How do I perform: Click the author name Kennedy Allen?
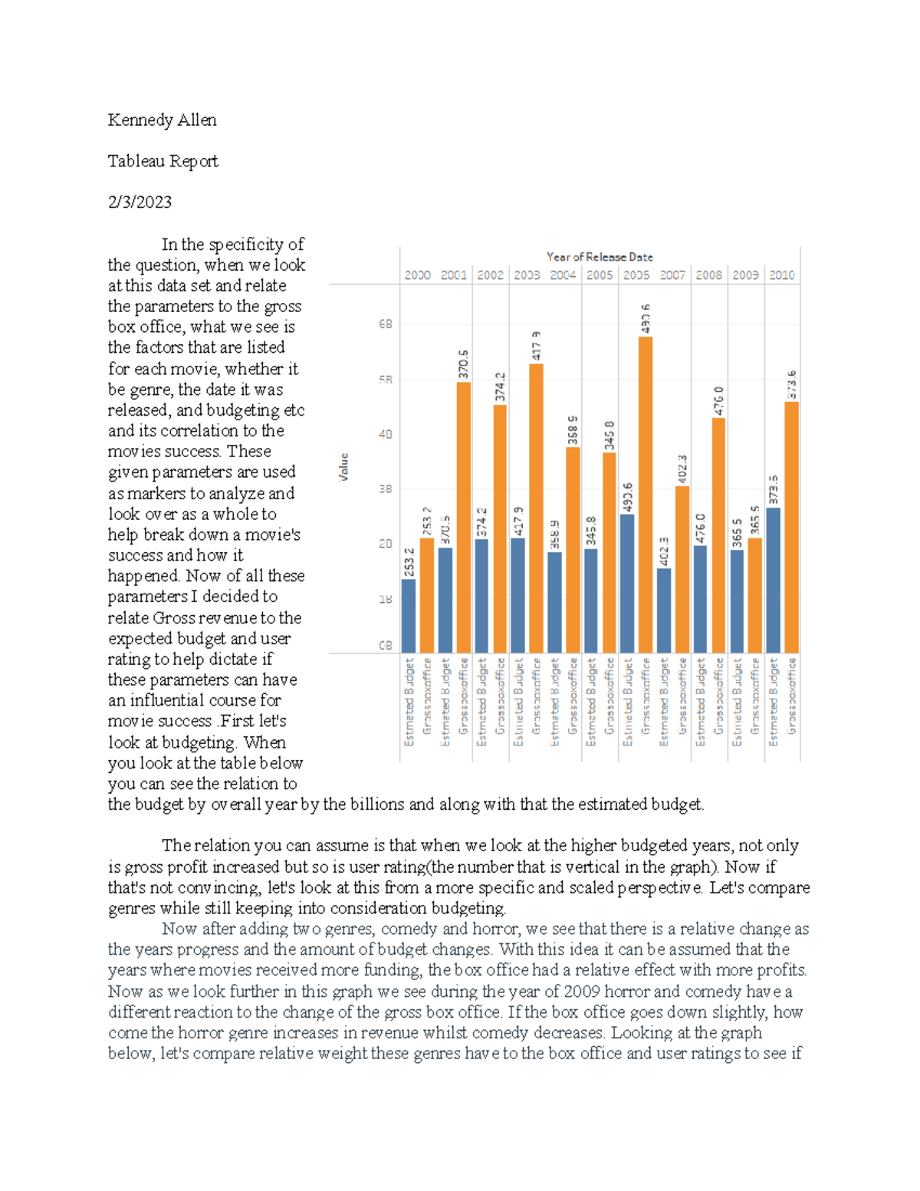[162, 120]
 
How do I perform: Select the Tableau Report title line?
[163, 161]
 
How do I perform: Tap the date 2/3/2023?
[140, 202]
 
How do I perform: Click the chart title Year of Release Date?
[599, 257]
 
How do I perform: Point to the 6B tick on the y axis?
[385, 324]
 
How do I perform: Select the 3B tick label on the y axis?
[385, 489]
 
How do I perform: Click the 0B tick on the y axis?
[385, 646]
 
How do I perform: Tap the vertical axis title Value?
[344, 467]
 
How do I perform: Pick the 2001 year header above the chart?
[453, 275]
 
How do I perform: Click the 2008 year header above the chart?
[708, 275]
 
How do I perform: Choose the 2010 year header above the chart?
[781, 275]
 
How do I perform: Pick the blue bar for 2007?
[664, 610]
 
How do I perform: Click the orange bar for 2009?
[755, 595]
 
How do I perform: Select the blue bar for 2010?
[774, 580]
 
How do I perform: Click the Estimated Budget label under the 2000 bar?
[409, 702]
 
